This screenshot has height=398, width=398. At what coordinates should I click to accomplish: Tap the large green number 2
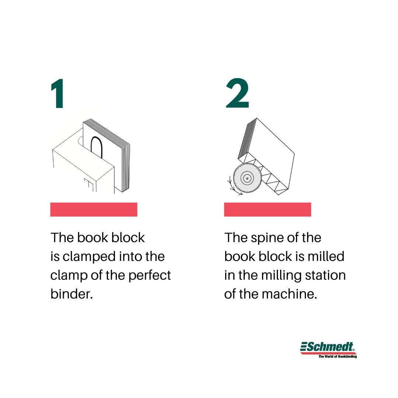click(237, 93)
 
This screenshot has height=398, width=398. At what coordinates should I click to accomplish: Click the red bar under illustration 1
click(94, 209)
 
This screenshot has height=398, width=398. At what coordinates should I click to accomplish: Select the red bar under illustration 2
click(268, 209)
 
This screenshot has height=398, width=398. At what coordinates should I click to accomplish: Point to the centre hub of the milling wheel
click(247, 178)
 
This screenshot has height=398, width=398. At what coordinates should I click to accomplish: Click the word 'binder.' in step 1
click(71, 294)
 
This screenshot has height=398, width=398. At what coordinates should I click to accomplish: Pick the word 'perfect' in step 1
click(150, 276)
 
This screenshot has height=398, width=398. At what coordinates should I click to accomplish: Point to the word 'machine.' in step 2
click(289, 294)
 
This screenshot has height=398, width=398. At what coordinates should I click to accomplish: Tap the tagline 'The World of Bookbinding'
click(338, 356)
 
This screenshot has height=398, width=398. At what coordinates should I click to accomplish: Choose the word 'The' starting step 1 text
click(62, 238)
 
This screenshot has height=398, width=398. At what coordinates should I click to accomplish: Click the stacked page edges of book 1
click(126, 168)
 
